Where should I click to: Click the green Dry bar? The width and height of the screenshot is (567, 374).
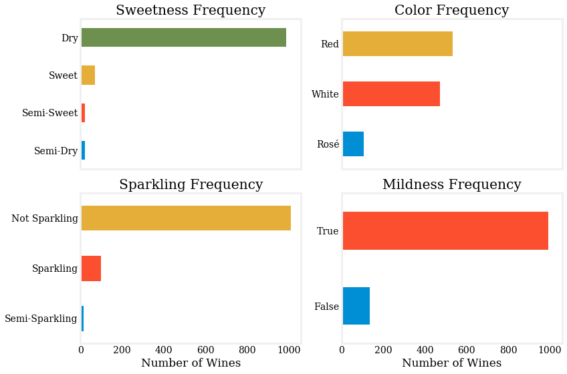183,38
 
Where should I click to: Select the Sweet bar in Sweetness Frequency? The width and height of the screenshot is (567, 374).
88,75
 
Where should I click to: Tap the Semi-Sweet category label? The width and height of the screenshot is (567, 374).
50,113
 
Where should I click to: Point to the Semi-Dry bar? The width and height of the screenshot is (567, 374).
83,151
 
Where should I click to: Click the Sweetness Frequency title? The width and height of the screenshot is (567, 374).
191,11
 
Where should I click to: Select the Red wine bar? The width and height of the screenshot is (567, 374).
397,44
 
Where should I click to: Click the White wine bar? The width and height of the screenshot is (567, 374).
391,94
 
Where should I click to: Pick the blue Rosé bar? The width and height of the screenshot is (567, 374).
353,144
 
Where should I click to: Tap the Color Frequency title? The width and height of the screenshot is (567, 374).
451,11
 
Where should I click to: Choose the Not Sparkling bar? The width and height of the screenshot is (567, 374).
186,218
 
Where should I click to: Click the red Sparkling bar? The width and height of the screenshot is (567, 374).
91,268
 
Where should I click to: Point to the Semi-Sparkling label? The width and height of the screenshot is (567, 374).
41,319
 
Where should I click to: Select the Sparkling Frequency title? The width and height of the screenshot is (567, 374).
191,185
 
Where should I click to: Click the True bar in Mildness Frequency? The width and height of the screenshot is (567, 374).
445,231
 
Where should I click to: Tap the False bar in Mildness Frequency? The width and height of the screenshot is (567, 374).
356,307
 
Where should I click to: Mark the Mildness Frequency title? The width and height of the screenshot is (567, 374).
451,185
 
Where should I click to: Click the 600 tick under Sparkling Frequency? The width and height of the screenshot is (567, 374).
205,349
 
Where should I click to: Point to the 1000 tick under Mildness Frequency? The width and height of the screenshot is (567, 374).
549,349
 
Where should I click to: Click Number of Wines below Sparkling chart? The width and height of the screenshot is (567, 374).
191,363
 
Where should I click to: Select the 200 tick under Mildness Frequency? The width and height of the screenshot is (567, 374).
384,349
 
